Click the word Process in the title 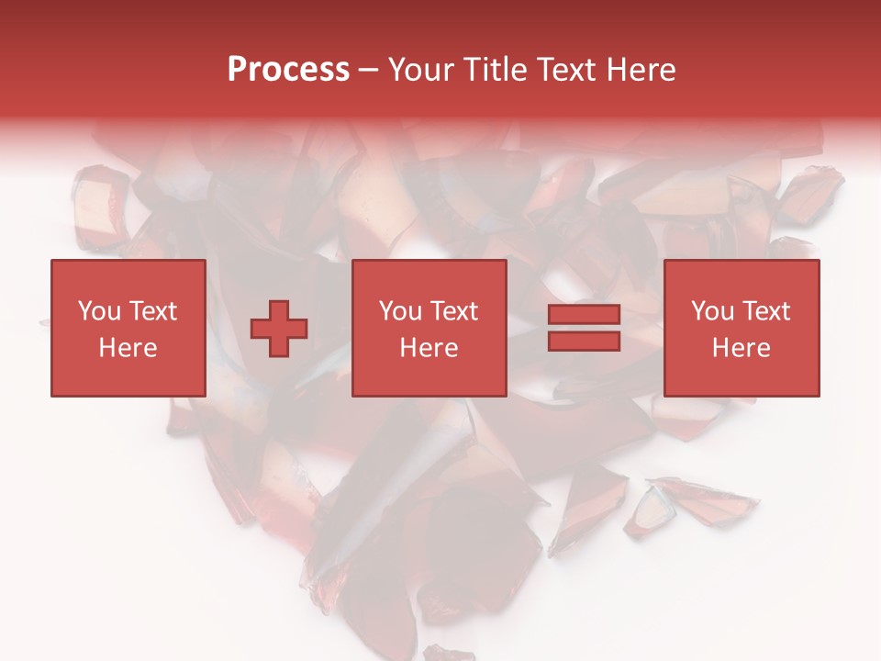[288, 70]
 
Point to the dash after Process [369, 71]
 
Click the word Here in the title [641, 70]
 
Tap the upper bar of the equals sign [584, 315]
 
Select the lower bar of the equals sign [584, 341]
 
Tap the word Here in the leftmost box [128, 348]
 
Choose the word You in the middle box [400, 311]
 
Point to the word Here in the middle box [429, 348]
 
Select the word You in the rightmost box [712, 311]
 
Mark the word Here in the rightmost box [741, 348]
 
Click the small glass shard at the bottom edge [451, 654]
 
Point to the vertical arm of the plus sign [279, 312]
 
